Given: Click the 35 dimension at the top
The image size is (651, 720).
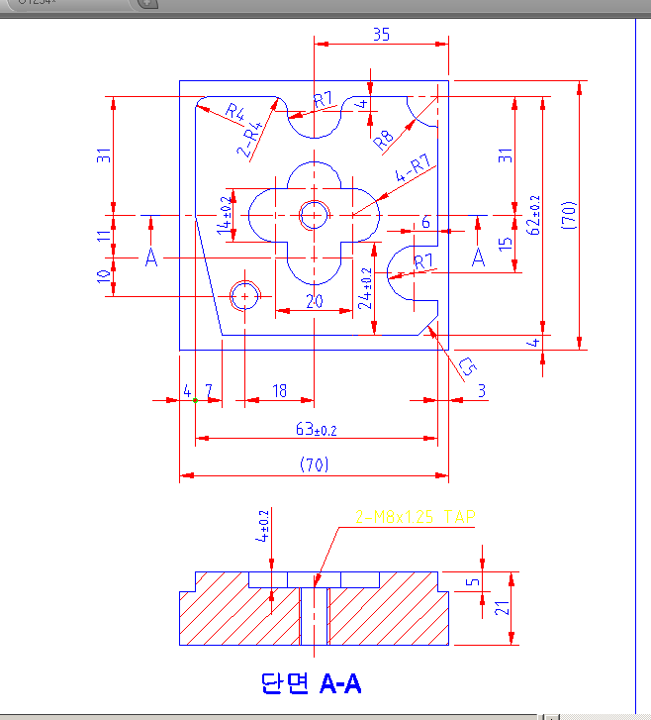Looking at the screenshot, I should (x=381, y=34).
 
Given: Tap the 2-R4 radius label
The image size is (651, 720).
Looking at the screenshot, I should (x=251, y=140).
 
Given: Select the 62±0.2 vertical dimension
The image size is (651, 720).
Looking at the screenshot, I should (x=534, y=215).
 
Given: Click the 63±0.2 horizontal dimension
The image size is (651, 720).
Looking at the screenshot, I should (x=316, y=430).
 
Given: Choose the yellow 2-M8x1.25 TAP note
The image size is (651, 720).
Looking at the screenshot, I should (x=416, y=517).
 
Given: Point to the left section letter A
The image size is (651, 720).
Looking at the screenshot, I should (x=151, y=257).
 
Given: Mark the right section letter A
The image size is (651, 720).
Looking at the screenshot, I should (x=478, y=257).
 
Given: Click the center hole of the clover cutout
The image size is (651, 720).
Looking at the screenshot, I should (x=315, y=214).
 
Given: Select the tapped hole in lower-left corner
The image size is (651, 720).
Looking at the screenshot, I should (x=244, y=295).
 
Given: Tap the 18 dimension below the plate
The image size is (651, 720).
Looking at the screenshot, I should (x=279, y=391).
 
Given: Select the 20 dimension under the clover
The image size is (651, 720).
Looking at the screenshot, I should (x=315, y=302).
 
